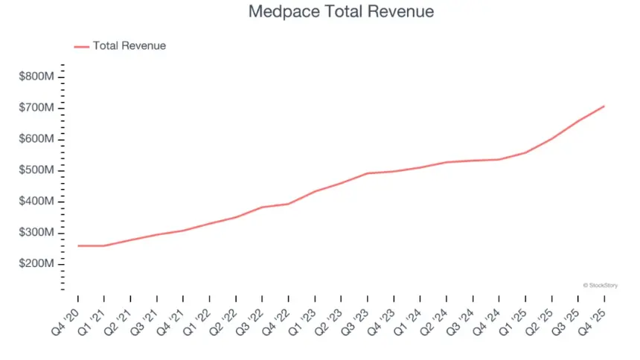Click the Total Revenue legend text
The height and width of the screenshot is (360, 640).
129,46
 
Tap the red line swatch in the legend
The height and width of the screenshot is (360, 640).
81,46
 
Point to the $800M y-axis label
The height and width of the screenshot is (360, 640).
36,77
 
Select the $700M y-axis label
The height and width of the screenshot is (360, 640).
36,108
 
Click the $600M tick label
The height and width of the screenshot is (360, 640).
36,139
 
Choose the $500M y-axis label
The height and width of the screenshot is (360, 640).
36,170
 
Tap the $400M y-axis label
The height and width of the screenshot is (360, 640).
36,202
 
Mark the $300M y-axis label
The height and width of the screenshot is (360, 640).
36,233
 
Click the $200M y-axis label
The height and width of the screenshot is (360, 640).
36,264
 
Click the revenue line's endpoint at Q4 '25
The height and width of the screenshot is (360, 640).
604,106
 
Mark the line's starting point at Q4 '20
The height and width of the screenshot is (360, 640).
77,245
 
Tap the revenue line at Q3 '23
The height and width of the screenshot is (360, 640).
368,173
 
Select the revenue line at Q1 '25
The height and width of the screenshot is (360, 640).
525,152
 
